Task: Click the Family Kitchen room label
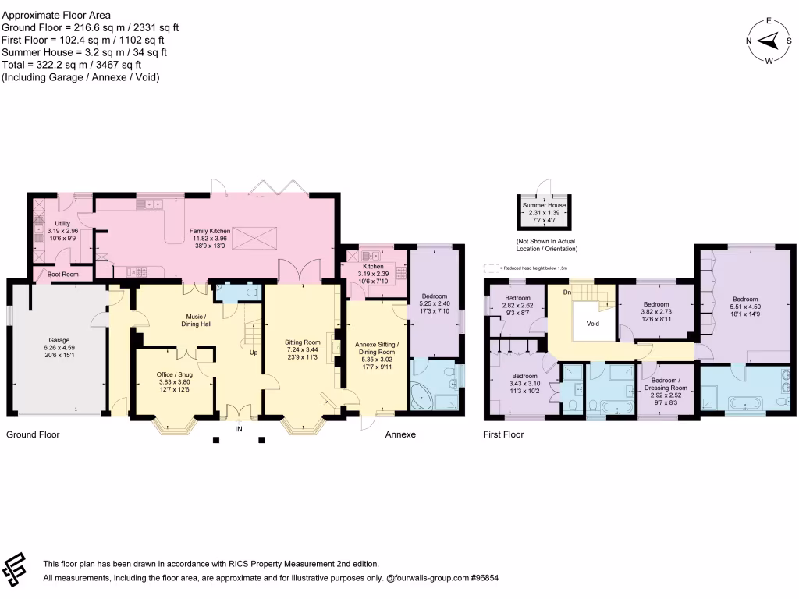[209, 232]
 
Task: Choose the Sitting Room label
[301, 342]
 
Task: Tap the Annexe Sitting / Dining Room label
[377, 349]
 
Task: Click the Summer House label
[545, 204]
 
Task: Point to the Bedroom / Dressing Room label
[665, 384]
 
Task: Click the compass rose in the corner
[769, 41]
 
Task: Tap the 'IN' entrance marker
[239, 428]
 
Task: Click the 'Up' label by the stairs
[254, 352]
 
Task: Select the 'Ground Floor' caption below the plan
[33, 434]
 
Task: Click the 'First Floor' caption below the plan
[503, 434]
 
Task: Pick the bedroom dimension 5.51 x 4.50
[744, 307]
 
